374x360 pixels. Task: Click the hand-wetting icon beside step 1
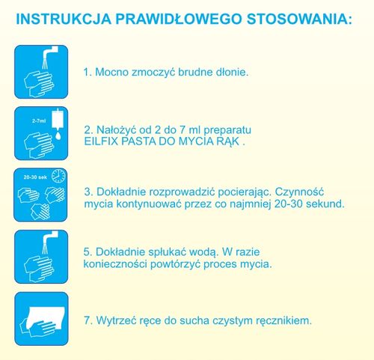(x=41, y=72)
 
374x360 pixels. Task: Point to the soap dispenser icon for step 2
(x=41, y=133)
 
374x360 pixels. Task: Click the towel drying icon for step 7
(x=41, y=318)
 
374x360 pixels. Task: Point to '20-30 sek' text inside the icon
(x=34, y=178)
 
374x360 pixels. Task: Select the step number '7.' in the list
(x=88, y=320)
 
